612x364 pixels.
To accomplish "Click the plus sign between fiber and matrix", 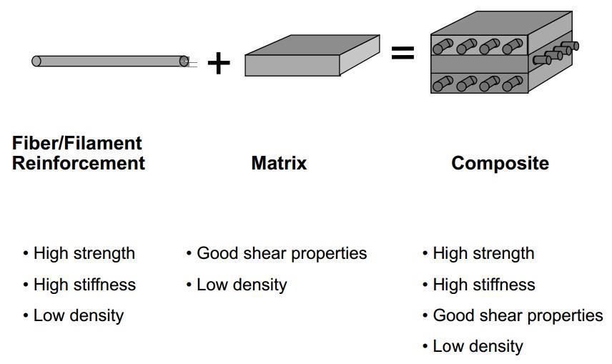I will point(219,63).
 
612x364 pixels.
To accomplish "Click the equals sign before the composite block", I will point(403,52).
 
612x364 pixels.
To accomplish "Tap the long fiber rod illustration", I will point(107,62).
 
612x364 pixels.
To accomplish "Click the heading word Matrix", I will point(279,163).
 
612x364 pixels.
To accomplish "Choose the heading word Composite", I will point(500,163).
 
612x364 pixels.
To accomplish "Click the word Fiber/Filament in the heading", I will point(77,143).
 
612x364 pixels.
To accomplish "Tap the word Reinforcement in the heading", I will point(79,163).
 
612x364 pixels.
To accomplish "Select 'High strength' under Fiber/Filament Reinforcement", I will point(84,253).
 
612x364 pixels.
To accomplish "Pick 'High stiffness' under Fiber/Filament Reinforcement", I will point(84,285).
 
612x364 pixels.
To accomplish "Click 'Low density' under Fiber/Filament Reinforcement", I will point(79,315).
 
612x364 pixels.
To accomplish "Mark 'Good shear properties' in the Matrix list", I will point(281,253).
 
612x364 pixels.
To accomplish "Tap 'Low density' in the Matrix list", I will point(242,285).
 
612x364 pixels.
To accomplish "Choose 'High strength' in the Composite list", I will point(483,253).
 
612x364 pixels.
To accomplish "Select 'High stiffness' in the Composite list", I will point(484,285).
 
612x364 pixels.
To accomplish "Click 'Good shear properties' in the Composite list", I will point(518,315).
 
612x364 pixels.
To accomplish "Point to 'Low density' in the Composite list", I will point(478,346).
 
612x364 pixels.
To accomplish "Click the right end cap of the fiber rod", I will point(184,62).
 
